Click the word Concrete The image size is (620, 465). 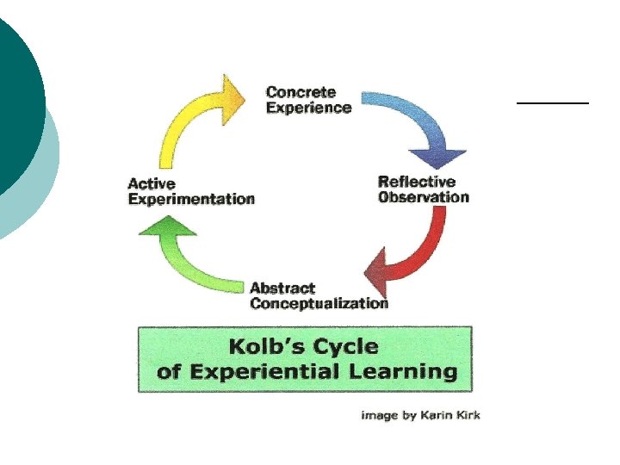[x=301, y=92]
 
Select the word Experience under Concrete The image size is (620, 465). [x=308, y=108]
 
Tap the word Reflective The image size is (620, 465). [x=417, y=182]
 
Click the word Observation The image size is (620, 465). [x=424, y=197]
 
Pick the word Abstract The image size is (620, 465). [x=282, y=288]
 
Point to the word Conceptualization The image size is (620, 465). [x=319, y=303]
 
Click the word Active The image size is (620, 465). [x=151, y=183]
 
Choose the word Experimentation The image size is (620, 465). [x=191, y=199]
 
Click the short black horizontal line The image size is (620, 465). [x=552, y=102]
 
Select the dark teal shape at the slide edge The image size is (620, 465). [x=17, y=95]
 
